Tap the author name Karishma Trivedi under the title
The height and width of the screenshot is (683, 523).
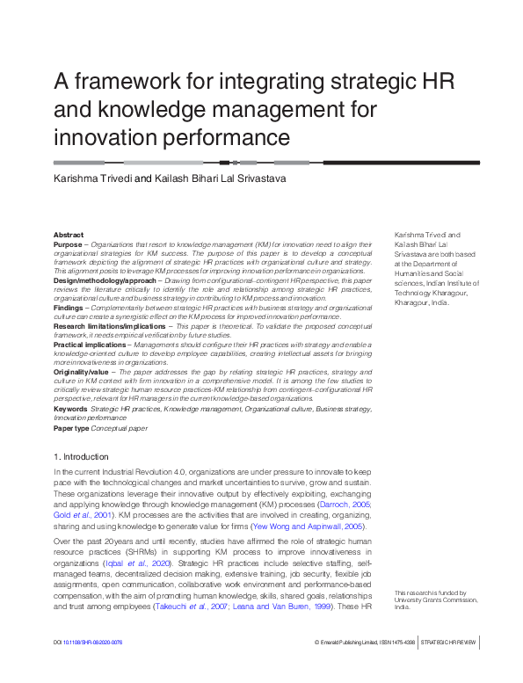(93, 178)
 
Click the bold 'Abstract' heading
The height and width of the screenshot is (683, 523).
(69, 235)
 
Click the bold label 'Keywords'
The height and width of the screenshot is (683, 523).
(70, 409)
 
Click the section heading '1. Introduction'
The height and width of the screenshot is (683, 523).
(81, 457)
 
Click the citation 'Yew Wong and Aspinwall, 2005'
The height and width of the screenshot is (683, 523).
(313, 525)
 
